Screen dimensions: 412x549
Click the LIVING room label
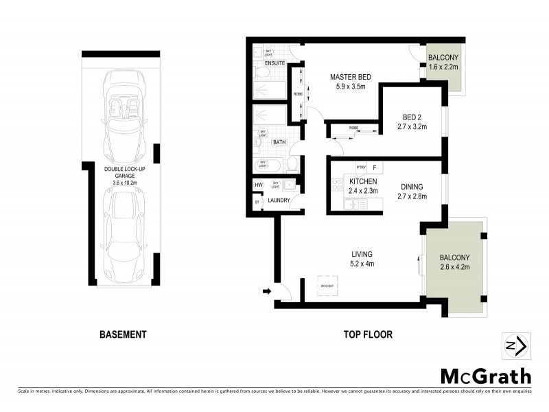(362, 254)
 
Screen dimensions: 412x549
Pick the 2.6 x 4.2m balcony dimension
(454, 267)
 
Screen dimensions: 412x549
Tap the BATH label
(279, 142)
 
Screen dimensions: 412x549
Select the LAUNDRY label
(279, 201)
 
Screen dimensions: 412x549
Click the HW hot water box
(259, 185)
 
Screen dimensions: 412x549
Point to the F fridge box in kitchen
(375, 167)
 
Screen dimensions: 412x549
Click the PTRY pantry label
(360, 167)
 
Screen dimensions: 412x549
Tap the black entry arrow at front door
(267, 292)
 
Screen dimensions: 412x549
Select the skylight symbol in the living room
(326, 286)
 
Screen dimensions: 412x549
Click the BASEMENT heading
(123, 334)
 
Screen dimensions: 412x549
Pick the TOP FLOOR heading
(368, 334)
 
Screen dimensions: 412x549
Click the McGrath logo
(485, 376)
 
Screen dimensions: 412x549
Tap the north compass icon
(514, 345)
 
